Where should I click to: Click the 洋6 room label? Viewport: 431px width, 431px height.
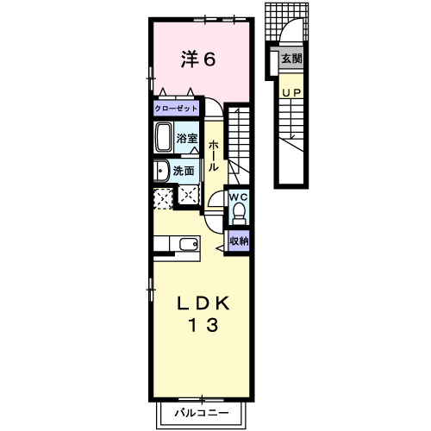[198, 59]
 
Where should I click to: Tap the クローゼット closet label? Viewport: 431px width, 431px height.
[176, 109]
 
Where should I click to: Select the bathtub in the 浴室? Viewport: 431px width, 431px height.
[164, 138]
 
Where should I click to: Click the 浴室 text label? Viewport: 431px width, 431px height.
[187, 138]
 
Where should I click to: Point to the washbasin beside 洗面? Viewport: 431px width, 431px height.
[161, 171]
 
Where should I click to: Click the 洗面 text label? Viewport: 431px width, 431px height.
[184, 171]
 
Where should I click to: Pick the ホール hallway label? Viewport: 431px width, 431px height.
[214, 155]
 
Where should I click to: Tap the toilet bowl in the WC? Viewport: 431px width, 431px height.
[239, 213]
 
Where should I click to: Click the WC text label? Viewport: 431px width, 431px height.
[238, 197]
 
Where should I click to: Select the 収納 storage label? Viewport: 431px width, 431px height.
[239, 240]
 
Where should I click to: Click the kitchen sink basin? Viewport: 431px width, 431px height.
[189, 245]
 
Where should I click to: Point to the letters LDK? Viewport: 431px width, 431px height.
[203, 303]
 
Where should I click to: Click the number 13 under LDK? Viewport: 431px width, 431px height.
[203, 325]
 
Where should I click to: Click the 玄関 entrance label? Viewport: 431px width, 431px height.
[291, 59]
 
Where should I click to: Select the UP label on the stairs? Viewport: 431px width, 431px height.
[291, 92]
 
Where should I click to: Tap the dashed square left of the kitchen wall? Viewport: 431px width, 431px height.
[163, 198]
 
